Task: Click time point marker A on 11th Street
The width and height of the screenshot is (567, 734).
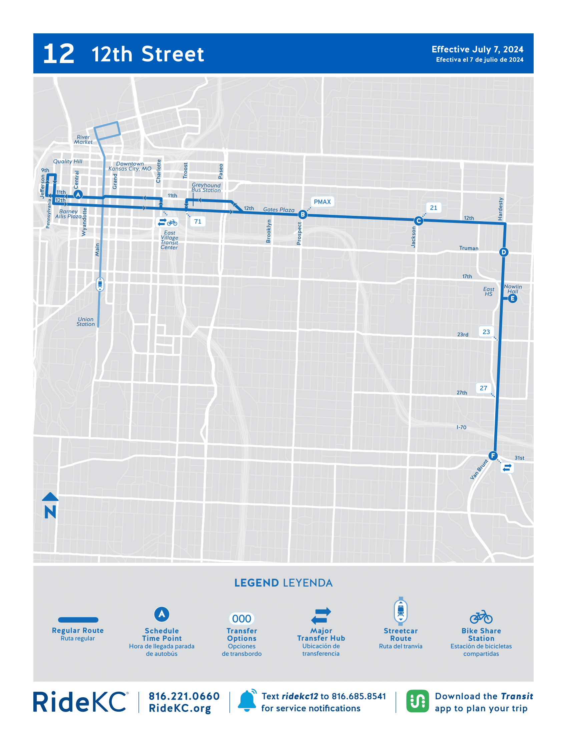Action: coord(78,194)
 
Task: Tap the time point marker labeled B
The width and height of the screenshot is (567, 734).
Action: coord(302,215)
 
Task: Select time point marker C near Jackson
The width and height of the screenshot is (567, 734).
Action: coord(418,221)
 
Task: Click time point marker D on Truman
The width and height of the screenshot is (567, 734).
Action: coord(503,252)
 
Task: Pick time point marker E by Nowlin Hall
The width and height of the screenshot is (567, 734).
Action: coord(512,299)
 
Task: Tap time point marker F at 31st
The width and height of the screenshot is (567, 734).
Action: coord(493,456)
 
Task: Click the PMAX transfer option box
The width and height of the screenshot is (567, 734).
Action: coord(322,202)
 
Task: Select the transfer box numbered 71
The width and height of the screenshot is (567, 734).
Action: coord(198,222)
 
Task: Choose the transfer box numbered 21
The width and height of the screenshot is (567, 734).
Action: coord(433,208)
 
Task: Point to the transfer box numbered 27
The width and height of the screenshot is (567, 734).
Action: coord(483,388)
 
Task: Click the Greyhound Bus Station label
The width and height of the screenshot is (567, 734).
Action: coord(206,188)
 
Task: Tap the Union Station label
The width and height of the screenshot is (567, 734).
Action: coord(86,322)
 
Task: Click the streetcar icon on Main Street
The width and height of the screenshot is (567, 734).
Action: coord(100,284)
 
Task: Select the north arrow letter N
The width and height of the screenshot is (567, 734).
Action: coord(50,512)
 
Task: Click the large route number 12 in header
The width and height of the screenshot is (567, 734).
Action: coord(59,54)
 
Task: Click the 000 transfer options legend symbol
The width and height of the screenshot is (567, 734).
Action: coord(241,618)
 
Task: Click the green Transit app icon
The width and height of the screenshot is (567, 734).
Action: coord(417,701)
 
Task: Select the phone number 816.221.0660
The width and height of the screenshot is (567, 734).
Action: coord(184,696)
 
